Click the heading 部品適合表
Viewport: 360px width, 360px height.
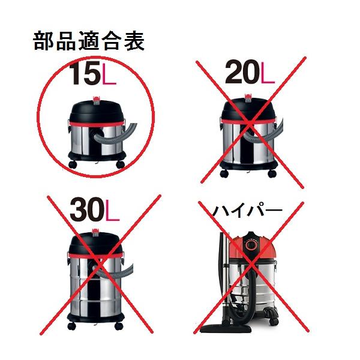coord(89,41)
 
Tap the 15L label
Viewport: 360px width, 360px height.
coord(92,74)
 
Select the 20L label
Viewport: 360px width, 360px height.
coord(250,71)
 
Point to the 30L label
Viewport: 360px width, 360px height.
coord(94,209)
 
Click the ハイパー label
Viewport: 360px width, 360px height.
coord(247,211)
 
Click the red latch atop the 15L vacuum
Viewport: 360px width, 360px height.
coord(97,100)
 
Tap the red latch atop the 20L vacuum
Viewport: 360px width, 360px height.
coord(248,97)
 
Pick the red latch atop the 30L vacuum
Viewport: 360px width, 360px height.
coord(95,233)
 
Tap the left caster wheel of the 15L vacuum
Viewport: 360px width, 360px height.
coord(73,165)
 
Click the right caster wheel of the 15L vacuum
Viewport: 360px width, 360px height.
coord(121,164)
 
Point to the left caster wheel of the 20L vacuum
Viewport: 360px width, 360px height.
coord(224,173)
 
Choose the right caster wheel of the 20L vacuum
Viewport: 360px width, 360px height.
coord(272,173)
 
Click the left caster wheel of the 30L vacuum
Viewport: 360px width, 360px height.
coord(71,326)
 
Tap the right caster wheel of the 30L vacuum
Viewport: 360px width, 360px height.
coord(119,326)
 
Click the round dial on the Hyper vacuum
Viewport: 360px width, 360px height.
coord(251,245)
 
